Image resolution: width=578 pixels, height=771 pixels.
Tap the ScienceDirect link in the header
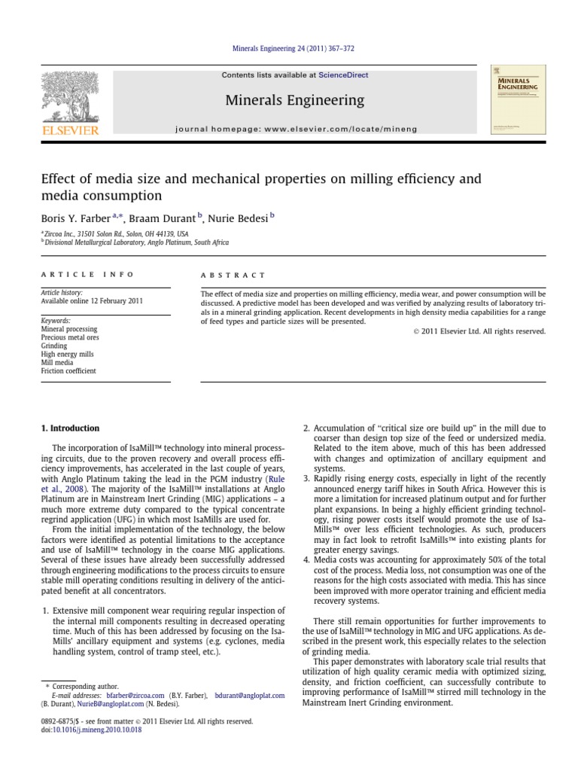click(x=343, y=75)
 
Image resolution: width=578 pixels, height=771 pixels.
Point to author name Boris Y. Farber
click(x=75, y=217)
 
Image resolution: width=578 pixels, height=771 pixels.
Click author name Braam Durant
click(x=164, y=217)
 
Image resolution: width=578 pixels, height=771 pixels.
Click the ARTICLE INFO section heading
click(x=87, y=276)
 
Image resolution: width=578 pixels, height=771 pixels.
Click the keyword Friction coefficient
click(x=68, y=371)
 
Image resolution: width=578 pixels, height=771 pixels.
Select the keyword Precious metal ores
click(x=69, y=338)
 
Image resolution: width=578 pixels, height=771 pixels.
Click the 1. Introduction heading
click(x=70, y=428)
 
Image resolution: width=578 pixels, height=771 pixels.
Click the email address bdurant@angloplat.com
click(x=249, y=696)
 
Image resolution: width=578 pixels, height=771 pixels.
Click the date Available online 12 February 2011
click(x=93, y=301)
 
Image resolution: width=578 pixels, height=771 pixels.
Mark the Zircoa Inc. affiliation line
click(x=114, y=234)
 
